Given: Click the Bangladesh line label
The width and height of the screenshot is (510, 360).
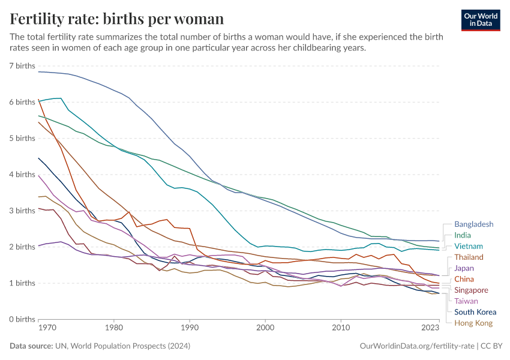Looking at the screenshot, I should [473, 224].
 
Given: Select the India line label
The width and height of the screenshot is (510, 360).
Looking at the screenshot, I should [462, 235].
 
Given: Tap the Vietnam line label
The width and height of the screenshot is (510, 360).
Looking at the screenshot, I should [468, 246].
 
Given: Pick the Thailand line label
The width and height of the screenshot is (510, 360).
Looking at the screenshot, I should [469, 257].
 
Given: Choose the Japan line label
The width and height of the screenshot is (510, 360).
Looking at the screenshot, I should [464, 268].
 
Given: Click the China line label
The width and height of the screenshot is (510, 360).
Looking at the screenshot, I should [464, 279].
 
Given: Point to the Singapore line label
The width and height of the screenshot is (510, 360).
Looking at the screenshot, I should [471, 290].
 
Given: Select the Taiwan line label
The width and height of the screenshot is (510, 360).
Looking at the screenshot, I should [466, 301].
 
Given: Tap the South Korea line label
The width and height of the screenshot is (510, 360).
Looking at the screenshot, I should [475, 311].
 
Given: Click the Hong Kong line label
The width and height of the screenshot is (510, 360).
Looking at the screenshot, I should [473, 323].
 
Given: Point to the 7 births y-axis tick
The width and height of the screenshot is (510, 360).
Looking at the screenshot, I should [22, 65].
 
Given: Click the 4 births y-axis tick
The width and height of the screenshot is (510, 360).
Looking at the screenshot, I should [22, 175].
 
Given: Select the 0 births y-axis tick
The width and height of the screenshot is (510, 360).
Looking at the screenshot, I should [22, 319].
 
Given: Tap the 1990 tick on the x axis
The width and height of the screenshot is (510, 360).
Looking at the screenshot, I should [190, 328].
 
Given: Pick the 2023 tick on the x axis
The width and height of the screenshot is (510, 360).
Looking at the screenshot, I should [430, 328].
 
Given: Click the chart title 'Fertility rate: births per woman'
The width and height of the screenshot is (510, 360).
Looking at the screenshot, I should [117, 19].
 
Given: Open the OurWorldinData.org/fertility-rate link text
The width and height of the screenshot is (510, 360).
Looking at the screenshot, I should [415, 346].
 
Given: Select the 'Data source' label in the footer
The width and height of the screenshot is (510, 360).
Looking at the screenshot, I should [31, 346].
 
